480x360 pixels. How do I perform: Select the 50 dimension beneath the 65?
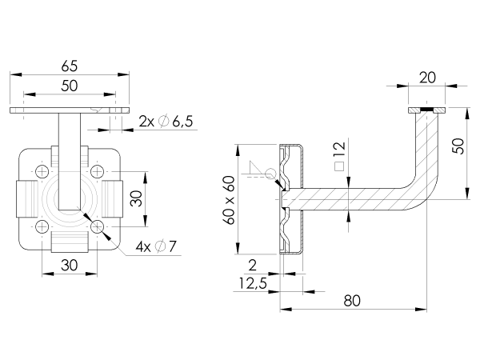70,86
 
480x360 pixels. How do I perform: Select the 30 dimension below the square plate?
70,265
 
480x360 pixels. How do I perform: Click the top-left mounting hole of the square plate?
42,171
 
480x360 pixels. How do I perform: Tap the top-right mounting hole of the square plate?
98,171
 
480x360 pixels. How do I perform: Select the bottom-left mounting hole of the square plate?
42,227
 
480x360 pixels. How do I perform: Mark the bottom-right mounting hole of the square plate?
98,227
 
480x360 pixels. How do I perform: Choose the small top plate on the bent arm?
426,108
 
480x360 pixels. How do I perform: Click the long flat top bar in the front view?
70,110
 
